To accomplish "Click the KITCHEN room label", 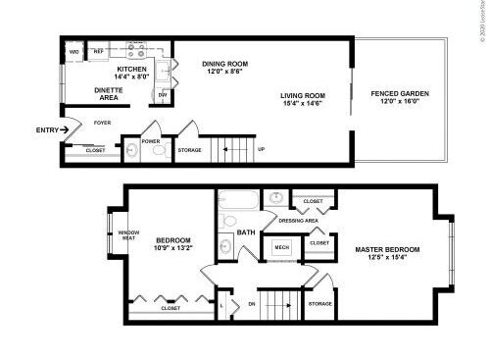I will (x=131, y=70).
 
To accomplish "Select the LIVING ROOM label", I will (x=303, y=96).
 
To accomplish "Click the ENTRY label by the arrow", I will (x=45, y=129).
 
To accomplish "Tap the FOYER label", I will (x=102, y=123).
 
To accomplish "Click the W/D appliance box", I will (x=73, y=51).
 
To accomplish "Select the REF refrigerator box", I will (x=98, y=51).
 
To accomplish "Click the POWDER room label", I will (x=151, y=140).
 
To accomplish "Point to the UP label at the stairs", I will (x=261, y=149).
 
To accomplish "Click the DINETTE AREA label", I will (x=108, y=94).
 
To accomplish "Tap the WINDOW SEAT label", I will (x=128, y=233).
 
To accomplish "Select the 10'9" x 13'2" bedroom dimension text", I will (x=172, y=247).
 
